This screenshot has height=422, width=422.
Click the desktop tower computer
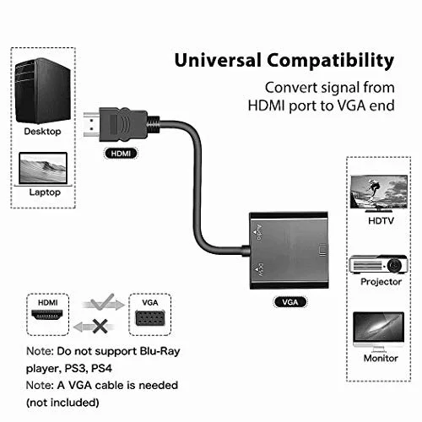pos(43,90)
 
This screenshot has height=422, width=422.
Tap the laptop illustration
pos(43,169)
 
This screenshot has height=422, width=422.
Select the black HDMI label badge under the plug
pos(121,154)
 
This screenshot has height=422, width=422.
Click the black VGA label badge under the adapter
pos(290,302)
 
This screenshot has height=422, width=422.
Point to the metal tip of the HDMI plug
pos(92,124)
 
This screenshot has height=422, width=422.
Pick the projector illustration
pos(378,264)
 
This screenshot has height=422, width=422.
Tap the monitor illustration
pos(379,332)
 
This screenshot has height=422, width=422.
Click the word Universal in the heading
pos(218,60)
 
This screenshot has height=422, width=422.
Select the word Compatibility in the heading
pos(331,62)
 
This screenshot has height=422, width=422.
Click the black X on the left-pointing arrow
pos(100,327)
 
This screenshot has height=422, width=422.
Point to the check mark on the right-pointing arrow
pos(102,302)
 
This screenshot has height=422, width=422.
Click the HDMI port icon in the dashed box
pos(47,315)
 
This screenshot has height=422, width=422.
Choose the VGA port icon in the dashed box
pos(150,318)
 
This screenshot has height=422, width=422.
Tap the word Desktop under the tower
pos(42,132)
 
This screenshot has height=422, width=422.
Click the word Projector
pos(381,282)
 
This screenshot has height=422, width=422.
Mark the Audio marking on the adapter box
pos(259,233)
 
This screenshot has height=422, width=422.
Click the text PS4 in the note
pos(101,368)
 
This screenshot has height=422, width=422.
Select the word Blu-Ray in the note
pos(160,351)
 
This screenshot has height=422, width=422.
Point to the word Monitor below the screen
pos(381,358)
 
